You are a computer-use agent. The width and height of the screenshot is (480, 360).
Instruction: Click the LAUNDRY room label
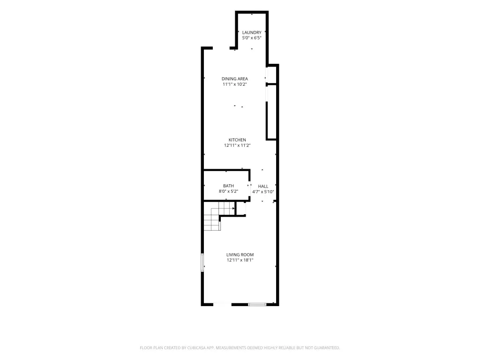coord(252,32)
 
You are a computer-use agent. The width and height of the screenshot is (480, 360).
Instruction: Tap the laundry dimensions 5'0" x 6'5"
coord(252,38)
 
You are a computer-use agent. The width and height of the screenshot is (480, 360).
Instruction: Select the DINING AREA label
coord(235,79)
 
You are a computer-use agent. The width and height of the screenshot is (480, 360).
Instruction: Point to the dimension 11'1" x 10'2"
coord(235,84)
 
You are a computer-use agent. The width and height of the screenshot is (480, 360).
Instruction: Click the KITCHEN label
coord(237,140)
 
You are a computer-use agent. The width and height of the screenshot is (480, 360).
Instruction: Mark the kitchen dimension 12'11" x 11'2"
coord(237,145)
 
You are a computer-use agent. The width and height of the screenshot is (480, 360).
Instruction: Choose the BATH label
coord(228,186)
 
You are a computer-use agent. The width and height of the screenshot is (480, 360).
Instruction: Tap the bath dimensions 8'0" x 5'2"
coord(228,191)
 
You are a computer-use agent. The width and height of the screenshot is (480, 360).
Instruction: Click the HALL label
coord(263,186)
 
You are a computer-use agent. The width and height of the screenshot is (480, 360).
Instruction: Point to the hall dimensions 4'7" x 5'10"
coord(263,192)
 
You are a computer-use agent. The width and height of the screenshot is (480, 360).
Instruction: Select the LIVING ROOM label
coord(240,255)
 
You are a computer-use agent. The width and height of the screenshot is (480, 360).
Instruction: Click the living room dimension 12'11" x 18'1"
coord(240,260)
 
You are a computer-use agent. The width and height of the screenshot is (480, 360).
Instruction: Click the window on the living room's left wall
coord(202,262)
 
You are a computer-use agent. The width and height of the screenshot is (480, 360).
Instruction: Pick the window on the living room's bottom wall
coord(257,304)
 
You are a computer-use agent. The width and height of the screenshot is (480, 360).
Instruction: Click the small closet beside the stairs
coord(240,209)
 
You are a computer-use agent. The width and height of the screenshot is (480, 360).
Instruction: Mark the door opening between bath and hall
coord(249,185)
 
